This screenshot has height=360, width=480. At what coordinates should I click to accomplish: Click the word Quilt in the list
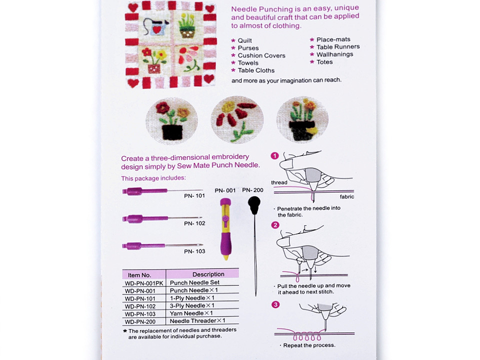(244, 40)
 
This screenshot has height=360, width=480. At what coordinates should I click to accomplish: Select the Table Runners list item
(337, 47)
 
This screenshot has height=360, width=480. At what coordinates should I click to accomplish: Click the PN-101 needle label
(194, 196)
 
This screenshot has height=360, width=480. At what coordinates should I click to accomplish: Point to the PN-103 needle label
(194, 251)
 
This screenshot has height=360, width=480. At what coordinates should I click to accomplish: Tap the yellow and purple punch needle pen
(225, 227)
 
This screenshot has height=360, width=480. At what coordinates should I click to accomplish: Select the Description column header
(208, 274)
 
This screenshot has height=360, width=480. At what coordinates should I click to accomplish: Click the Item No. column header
(139, 274)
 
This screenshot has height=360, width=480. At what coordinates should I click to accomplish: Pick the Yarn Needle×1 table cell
(192, 313)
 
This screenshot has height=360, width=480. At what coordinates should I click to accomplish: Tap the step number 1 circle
(274, 155)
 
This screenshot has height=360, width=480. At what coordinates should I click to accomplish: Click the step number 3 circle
(275, 304)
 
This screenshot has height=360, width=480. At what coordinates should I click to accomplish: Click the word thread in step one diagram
(279, 182)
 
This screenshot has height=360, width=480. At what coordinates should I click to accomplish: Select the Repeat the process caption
(309, 345)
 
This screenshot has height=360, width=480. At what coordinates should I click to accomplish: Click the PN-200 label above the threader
(252, 190)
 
